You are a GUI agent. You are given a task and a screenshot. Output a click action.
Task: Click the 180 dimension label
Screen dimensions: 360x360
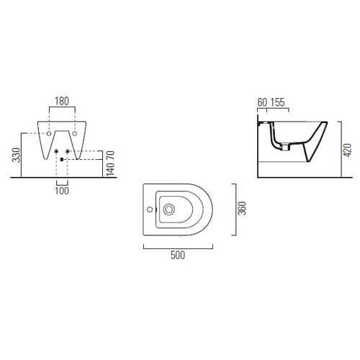[62, 101]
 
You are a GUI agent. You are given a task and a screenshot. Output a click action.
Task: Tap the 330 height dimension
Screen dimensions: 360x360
[17, 155]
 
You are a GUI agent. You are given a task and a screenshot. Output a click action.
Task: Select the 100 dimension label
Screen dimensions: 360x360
[62, 191]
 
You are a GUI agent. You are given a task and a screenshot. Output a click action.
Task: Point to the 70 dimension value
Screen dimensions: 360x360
[110, 156]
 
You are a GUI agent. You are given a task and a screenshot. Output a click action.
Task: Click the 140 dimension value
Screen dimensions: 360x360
[110, 169]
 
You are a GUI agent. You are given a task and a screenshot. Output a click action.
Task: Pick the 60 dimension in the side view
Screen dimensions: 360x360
[262, 102]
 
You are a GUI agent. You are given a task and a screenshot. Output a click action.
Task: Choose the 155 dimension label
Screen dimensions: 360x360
[278, 102]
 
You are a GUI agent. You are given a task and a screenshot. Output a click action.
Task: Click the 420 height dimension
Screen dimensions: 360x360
[348, 150]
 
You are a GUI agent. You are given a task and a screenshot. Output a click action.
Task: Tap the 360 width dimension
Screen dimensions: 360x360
[242, 208]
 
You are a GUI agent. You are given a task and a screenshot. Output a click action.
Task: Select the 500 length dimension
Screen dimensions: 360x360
[178, 255]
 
